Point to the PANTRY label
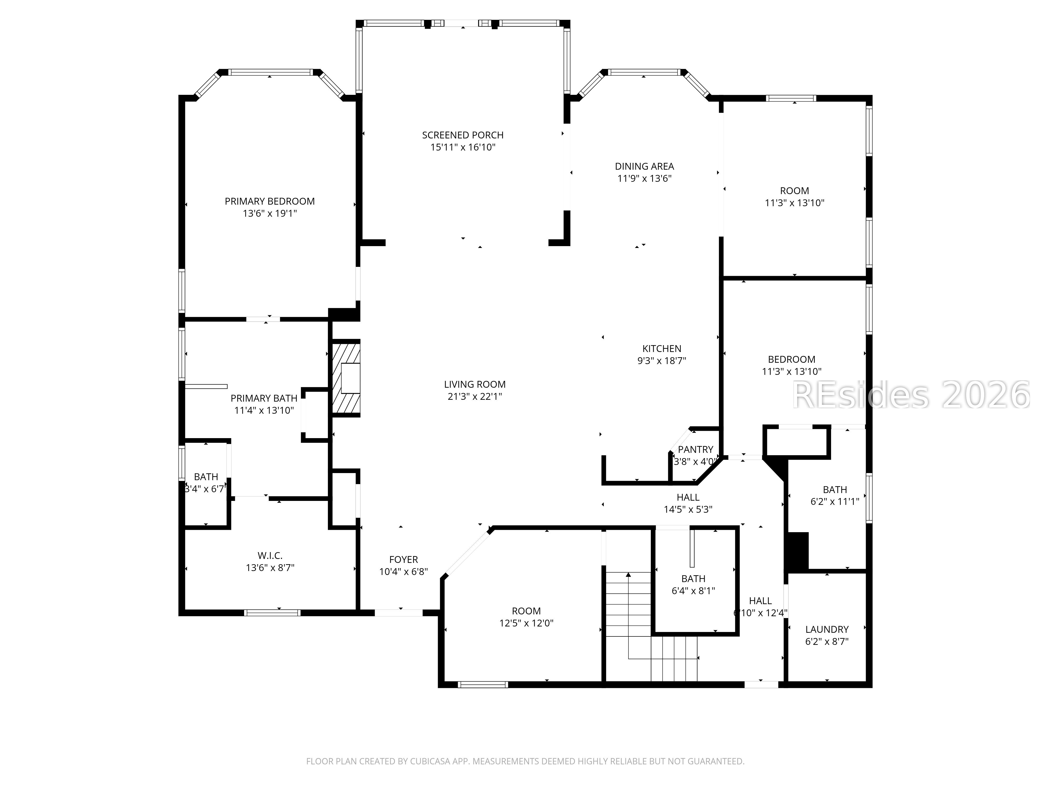point(695,449)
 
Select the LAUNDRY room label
point(826,629)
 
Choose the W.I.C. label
point(270,555)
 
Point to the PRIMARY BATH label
point(264,398)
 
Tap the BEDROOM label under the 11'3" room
point(791,360)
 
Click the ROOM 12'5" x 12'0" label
point(526,611)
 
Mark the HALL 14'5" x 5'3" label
point(688,497)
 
